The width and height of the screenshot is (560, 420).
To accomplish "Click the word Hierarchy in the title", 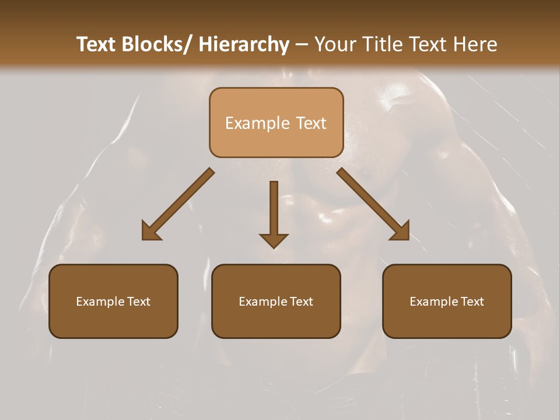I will click(x=244, y=45).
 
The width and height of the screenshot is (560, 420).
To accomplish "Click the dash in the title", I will click(x=301, y=45).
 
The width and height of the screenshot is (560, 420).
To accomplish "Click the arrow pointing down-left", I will click(x=178, y=204).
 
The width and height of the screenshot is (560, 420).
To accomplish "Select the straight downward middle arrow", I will click(x=274, y=207).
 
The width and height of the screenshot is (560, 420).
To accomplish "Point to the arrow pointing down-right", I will click(x=373, y=204).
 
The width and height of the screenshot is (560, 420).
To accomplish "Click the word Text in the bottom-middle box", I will click(x=302, y=302).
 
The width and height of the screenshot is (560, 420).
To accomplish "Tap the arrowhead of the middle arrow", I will click(x=274, y=240).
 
